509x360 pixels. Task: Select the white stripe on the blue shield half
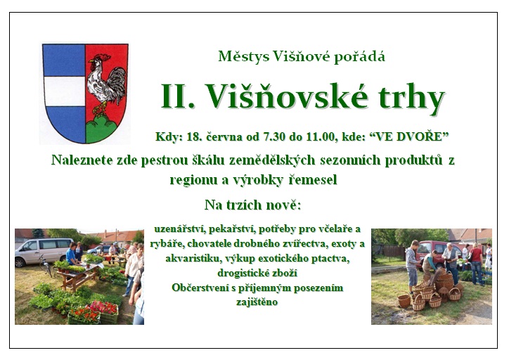[x=64, y=91]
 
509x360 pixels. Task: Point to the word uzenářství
[x=179, y=229]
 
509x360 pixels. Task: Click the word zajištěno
[x=257, y=302]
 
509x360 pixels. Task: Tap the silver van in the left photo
[x=42, y=252]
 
